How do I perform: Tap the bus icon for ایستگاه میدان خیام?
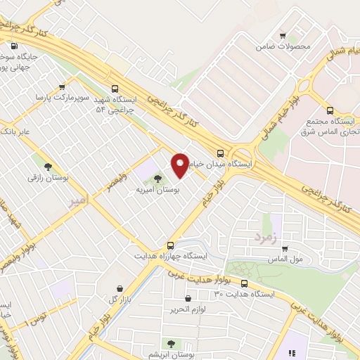coord(221,153)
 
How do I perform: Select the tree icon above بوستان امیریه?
coord(157,179)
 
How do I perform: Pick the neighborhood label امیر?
coord(79,201)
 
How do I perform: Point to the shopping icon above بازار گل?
coord(120,288)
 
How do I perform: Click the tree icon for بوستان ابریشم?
coord(170,344)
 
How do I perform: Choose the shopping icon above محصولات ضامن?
coord(283,35)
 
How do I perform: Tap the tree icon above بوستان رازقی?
coord(48,167)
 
